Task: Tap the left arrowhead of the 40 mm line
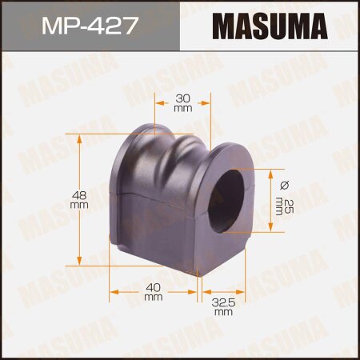coord(112,288)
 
